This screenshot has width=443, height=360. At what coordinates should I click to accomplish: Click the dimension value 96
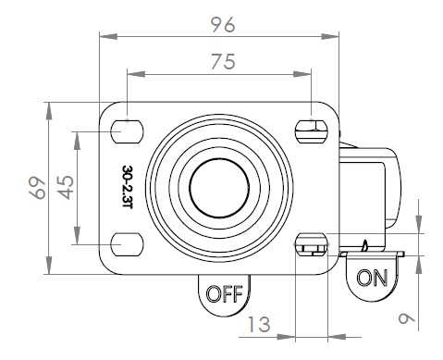click(x=224, y=25)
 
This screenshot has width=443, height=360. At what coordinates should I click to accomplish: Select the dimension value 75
click(x=224, y=61)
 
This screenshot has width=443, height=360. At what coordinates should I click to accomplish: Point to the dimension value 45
click(x=66, y=188)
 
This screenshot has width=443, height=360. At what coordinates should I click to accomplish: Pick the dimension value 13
click(x=259, y=324)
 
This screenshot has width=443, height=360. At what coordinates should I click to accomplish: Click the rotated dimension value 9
click(x=406, y=318)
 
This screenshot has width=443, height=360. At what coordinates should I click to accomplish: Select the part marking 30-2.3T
click(x=128, y=187)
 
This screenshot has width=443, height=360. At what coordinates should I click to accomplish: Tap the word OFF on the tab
click(x=224, y=293)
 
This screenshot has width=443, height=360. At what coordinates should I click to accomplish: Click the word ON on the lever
click(x=372, y=278)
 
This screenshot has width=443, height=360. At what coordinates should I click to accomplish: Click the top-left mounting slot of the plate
click(x=127, y=131)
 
